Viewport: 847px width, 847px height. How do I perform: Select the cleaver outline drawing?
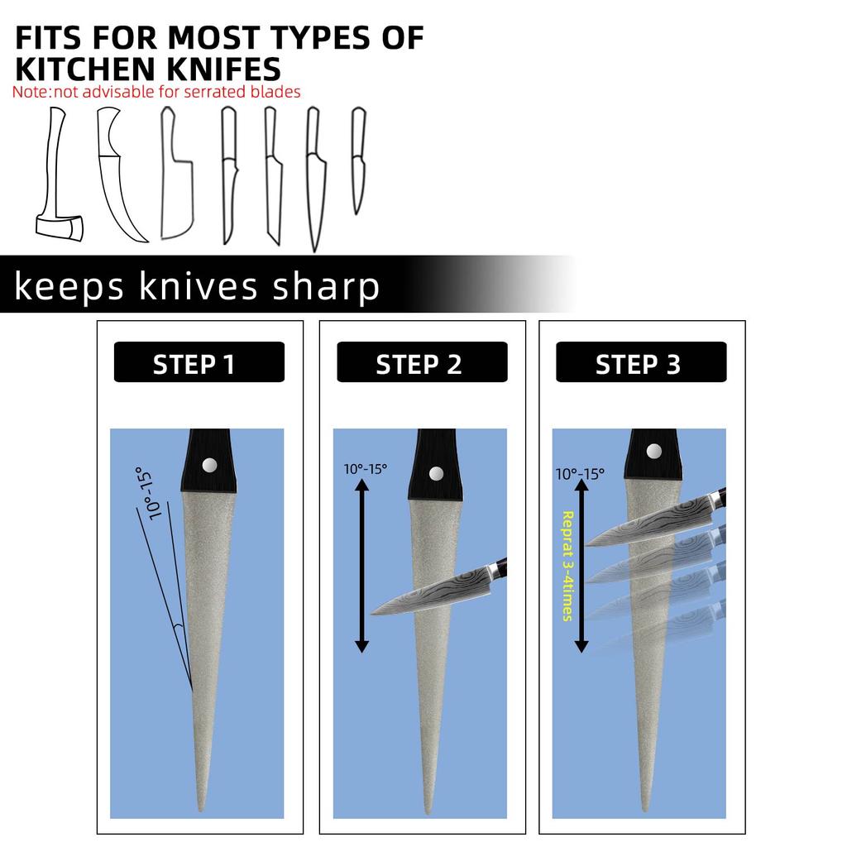(x=177, y=173)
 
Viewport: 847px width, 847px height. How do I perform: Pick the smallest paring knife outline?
(x=358, y=161)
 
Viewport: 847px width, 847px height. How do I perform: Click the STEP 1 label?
(x=194, y=365)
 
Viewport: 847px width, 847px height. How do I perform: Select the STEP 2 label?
(x=419, y=365)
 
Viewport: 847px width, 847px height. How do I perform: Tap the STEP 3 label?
(x=638, y=365)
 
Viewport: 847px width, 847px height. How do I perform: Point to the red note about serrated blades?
(x=156, y=92)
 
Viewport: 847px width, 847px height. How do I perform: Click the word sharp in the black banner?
(x=326, y=287)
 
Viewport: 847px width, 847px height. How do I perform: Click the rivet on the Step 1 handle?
(x=209, y=465)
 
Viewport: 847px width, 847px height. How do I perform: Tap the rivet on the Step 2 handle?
(x=437, y=474)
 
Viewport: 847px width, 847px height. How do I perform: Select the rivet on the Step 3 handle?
(x=654, y=451)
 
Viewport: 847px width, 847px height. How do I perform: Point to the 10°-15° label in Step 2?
(x=365, y=469)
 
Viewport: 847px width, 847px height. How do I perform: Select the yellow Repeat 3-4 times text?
(x=567, y=566)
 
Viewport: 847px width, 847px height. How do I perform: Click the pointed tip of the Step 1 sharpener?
(x=201, y=811)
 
